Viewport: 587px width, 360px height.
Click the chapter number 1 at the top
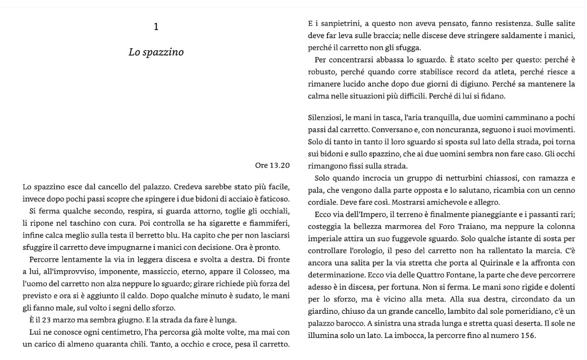tap(156, 27)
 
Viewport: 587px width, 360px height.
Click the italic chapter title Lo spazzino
tap(156, 52)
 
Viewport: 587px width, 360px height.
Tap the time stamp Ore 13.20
tap(273, 165)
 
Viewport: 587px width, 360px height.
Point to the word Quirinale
tap(485, 263)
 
